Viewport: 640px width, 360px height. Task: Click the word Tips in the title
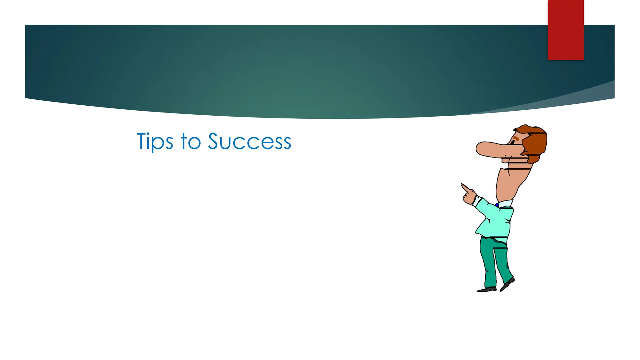pos(155,142)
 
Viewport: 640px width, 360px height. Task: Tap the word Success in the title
pos(249,142)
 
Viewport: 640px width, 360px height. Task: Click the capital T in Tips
pos(142,141)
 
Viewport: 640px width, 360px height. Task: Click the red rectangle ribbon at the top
pos(566,30)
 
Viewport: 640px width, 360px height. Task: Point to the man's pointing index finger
pos(464,187)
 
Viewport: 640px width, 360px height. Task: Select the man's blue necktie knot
pos(497,205)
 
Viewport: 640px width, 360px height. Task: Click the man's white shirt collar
pos(505,204)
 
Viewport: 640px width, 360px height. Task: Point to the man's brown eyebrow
pos(516,137)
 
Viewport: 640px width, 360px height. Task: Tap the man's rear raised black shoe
pos(507,284)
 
